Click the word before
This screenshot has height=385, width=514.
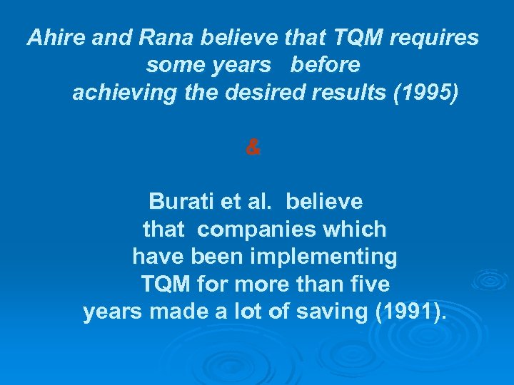coord(326,66)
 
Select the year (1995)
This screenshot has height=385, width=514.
coord(425,93)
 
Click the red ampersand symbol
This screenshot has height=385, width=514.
coord(253,148)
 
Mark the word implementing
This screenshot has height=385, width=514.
coord(321,257)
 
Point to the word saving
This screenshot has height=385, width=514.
coord(331,312)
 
